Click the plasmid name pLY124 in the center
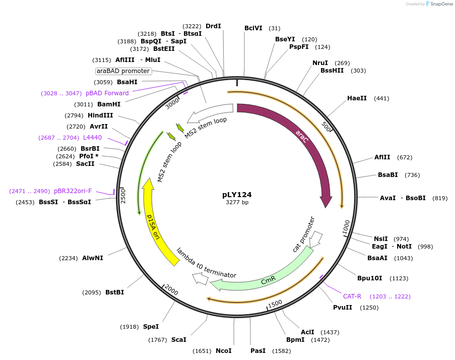pyautogui.click(x=237, y=194)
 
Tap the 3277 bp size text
pyautogui.click(x=237, y=202)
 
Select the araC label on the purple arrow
pyautogui.click(x=302, y=135)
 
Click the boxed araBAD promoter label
pyautogui.click(x=123, y=71)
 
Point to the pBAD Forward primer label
pyautogui.click(x=107, y=93)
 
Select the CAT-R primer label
pyautogui.click(x=352, y=296)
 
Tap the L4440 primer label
pyautogui.click(x=92, y=138)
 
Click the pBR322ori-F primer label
pyautogui.click(x=73, y=191)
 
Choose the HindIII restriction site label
pyautogui.click(x=100, y=115)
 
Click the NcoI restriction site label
pyautogui.click(x=223, y=350)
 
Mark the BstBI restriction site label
pyautogui.click(x=114, y=292)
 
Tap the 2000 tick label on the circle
pyautogui.click(x=172, y=291)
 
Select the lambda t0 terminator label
pyautogui.click(x=207, y=263)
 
